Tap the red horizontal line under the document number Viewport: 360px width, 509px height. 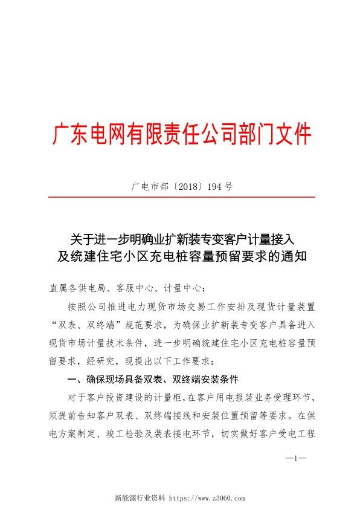click(x=180, y=197)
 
